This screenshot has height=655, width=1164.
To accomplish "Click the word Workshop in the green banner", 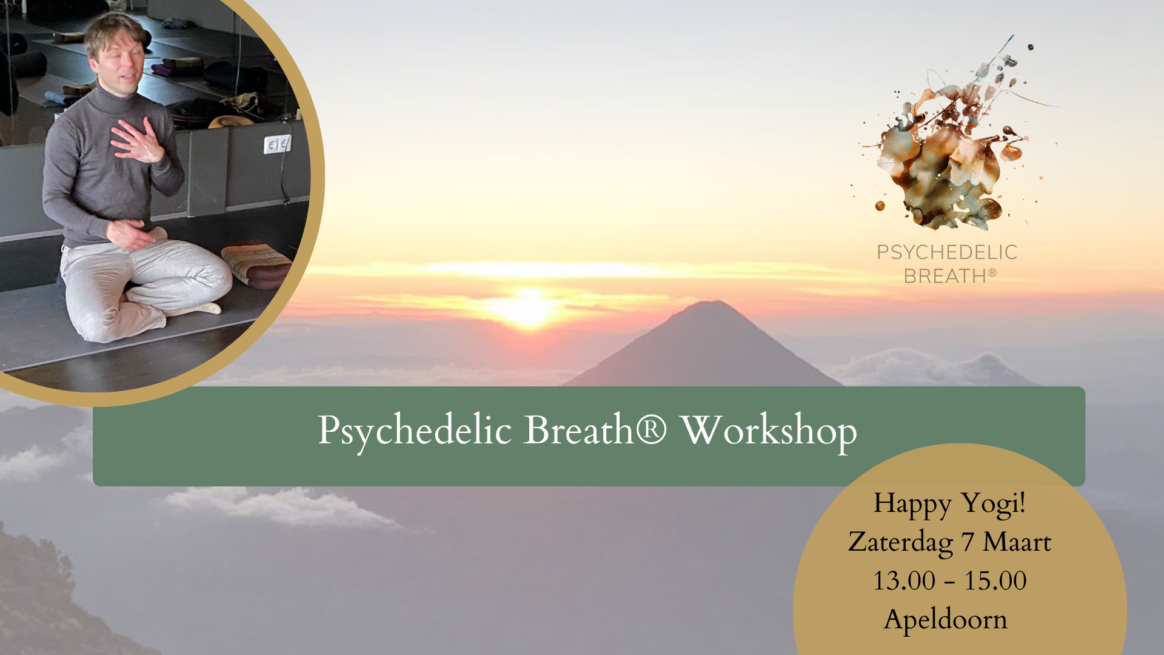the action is click(x=768, y=431).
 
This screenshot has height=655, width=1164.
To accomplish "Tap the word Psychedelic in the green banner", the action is click(x=415, y=431).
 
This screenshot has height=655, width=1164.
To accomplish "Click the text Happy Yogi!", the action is click(x=949, y=504).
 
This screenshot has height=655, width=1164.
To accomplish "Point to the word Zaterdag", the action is click(x=900, y=542).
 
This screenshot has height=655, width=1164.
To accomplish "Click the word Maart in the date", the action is click(x=1017, y=542).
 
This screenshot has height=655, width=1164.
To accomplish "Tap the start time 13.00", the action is click(x=904, y=581).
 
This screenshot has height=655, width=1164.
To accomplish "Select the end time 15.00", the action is click(x=995, y=581).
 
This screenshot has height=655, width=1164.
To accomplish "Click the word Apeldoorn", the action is click(x=946, y=620).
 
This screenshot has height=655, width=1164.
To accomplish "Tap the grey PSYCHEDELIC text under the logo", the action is click(x=947, y=252).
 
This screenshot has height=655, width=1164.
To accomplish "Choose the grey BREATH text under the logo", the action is click(x=945, y=277).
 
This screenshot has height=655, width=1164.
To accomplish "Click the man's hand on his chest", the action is click(x=138, y=141).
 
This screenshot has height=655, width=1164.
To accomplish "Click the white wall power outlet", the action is click(x=277, y=144).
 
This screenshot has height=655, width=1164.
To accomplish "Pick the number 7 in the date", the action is click(x=968, y=542).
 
